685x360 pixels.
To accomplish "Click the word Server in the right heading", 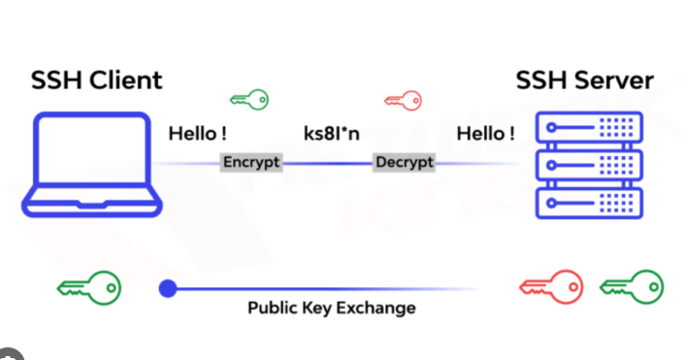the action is click(x=612, y=80).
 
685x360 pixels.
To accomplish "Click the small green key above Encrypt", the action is click(x=248, y=99).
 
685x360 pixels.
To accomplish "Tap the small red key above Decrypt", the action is click(x=403, y=99).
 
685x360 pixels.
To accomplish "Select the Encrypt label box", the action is click(x=250, y=162).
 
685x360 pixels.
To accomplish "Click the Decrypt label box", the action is click(x=403, y=162).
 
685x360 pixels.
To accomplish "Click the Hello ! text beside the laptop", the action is click(x=197, y=133).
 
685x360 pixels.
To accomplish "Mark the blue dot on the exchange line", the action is click(x=168, y=287).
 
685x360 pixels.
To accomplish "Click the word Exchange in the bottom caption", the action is click(x=378, y=309).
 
